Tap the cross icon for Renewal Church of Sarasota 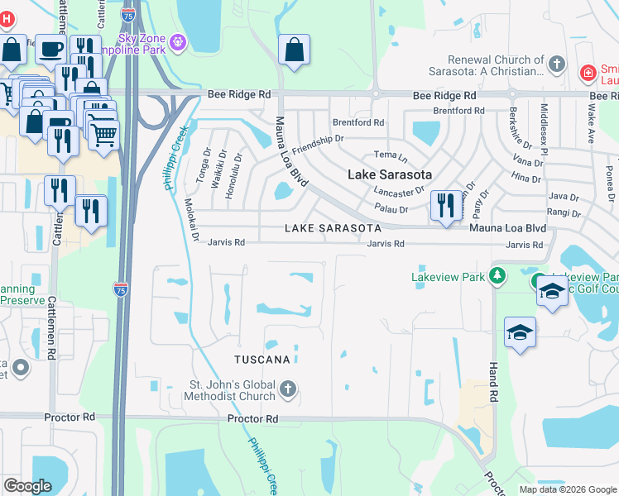[558, 63]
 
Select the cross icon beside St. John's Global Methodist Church [287, 389]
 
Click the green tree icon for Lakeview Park [497, 276]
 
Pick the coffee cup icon [50, 50]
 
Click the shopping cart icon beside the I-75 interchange [103, 135]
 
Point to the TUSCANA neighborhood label [262, 360]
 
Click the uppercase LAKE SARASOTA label [333, 227]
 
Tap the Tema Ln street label [391, 155]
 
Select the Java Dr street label [564, 197]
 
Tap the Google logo [28, 486]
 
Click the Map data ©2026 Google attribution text [567, 489]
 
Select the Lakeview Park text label [448, 277]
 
